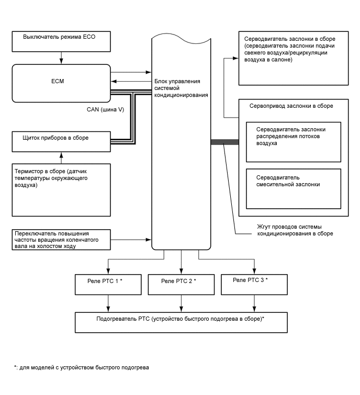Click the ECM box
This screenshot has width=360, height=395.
point(61,83)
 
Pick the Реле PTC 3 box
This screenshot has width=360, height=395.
point(254,284)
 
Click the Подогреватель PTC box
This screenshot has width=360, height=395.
point(181,321)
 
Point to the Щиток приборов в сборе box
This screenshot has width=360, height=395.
point(62,140)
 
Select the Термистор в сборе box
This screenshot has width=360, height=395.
point(62,190)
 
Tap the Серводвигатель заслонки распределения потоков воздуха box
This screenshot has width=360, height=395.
point(293,142)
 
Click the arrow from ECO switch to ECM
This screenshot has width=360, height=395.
point(61,55)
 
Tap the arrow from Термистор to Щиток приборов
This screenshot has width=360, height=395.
point(61,157)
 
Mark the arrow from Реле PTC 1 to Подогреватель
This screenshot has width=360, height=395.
point(108,302)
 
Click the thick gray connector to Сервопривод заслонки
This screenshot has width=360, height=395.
point(224,142)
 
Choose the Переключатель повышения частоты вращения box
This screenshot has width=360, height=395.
point(62,239)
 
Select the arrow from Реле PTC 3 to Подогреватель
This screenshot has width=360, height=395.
point(254,302)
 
